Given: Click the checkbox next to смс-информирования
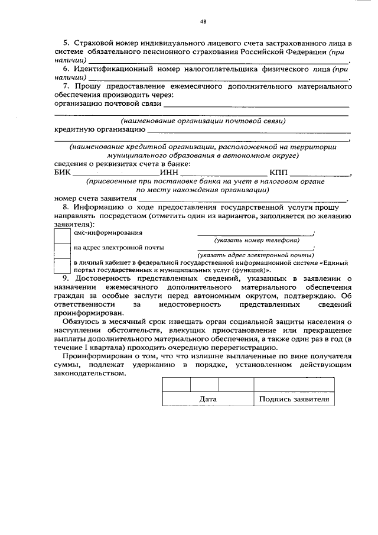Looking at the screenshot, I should (62, 235).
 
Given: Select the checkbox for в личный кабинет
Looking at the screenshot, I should (62, 265).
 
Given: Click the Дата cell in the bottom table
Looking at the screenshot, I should (208, 400).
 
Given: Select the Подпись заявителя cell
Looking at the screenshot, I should (293, 400).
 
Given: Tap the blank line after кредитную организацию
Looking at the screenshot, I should (248, 130).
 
